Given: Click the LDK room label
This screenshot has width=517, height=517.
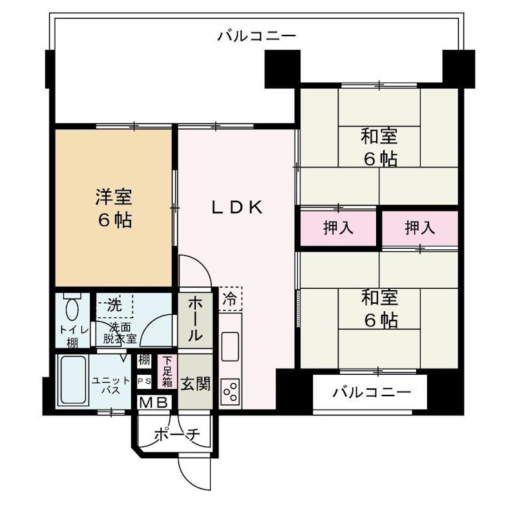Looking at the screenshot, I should [x=238, y=207].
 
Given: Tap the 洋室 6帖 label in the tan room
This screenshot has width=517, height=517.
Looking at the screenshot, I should [x=115, y=207].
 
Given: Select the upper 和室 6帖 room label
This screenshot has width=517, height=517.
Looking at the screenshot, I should [x=379, y=147].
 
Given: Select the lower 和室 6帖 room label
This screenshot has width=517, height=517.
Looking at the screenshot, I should [x=379, y=309].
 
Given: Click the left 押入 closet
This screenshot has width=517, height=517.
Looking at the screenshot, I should [x=338, y=227].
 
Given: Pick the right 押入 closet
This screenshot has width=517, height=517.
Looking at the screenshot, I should [x=420, y=227].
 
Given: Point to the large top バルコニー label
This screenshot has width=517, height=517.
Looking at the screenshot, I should [x=257, y=36].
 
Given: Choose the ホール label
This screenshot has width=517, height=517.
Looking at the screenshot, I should [x=195, y=321].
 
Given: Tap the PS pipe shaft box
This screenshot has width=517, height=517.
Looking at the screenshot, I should [x=143, y=381].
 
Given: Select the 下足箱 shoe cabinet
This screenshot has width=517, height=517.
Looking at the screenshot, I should [x=167, y=371].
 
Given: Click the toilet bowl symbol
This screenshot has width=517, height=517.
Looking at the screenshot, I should [x=72, y=306].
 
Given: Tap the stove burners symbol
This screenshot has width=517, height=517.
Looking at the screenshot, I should [x=230, y=392].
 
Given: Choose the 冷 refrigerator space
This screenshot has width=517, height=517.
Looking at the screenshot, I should [x=230, y=299].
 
